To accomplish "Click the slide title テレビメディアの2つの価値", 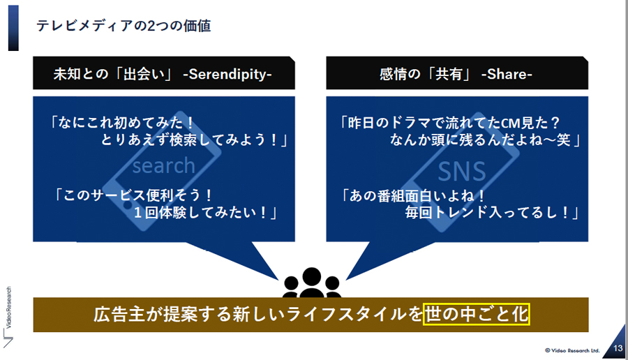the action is pos(124,26).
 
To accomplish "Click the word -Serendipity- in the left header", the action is pos(227,74).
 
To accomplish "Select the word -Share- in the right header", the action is pos(507,74).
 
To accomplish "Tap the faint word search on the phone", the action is pos(163,165).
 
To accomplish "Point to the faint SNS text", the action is pos(462,172).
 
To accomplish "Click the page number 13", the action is pos(618,348).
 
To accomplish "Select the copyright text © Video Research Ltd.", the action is pos(572,350).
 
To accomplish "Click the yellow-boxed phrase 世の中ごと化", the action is pos(476,313).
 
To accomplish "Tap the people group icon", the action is pos(312,283).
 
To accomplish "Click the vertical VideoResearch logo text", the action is pos(9,307).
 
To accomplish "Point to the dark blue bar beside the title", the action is pos(13,28).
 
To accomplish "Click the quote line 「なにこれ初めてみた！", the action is pos(121,122).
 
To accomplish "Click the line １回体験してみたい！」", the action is pos(205,212).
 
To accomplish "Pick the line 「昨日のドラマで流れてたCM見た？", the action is pos(449,122).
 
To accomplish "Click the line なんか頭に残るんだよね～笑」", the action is pos(486,140).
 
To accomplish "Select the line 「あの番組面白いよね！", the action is pos(413,195).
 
